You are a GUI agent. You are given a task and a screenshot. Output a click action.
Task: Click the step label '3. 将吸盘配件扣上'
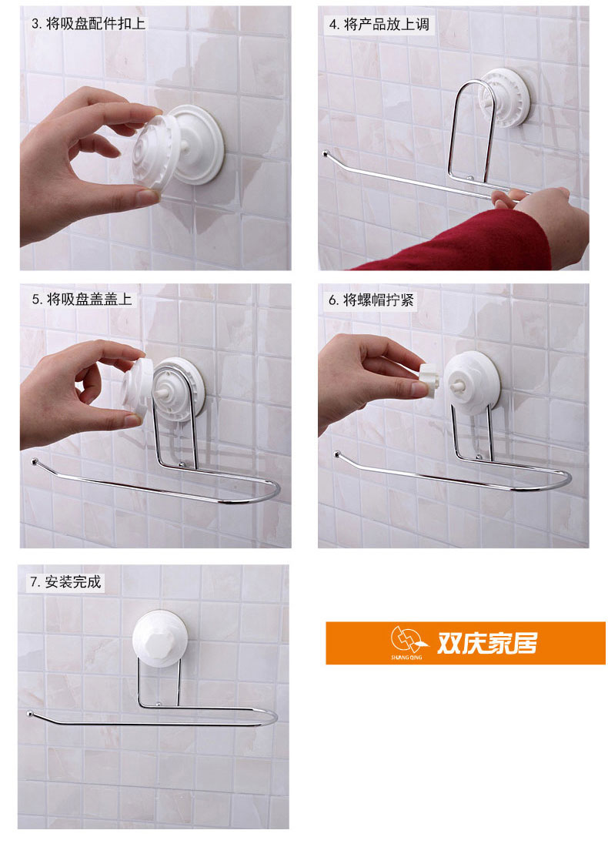coord(89,23)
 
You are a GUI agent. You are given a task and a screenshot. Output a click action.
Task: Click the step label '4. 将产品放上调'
coord(379,25)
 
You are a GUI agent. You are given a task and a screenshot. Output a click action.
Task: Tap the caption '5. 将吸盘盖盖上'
coord(82,299)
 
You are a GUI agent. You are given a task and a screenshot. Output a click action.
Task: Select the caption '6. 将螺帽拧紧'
coord(372,300)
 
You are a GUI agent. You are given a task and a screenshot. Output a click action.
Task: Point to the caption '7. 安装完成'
coord(65,581)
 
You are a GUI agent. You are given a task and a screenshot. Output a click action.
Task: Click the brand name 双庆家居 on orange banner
coord(487,642)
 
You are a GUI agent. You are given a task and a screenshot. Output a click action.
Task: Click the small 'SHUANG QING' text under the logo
coord(406,658)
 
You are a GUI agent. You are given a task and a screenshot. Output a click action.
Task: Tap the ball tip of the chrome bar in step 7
coord(29,714)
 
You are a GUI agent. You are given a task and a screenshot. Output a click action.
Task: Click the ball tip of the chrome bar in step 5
coord(35,460)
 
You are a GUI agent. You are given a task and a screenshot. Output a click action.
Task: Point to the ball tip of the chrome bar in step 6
coord(337,454)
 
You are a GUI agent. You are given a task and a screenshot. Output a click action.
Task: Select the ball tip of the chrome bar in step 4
coord(326,154)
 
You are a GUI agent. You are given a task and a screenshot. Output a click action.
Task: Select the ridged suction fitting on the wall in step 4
coord(504,98)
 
